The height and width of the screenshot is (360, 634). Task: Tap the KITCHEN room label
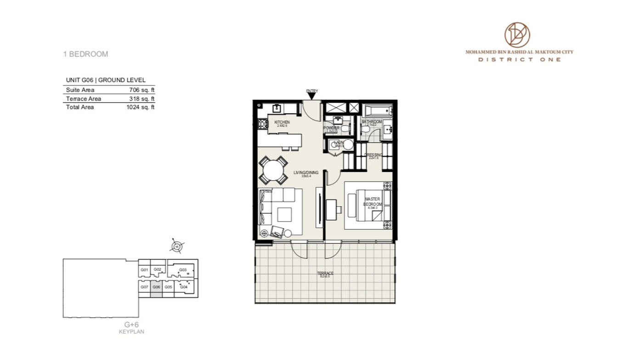point(282,122)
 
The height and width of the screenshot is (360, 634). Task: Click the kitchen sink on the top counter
point(277,109)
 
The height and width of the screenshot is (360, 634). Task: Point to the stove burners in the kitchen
point(262,123)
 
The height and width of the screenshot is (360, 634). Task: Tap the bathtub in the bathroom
point(377,110)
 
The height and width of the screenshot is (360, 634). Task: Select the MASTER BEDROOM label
point(372,201)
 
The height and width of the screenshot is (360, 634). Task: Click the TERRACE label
point(325,274)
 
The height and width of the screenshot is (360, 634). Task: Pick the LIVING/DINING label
point(306,173)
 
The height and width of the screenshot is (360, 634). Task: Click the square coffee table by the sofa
point(284,215)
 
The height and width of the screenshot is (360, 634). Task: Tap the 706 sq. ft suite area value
point(142,90)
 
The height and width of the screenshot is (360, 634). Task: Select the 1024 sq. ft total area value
point(140,107)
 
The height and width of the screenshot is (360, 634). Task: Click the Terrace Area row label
point(83,99)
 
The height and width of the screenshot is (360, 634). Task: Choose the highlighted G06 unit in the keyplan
point(156,287)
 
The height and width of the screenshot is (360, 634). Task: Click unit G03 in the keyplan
point(182,270)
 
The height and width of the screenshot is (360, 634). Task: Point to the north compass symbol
point(177,246)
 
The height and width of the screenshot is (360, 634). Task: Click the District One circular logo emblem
point(517,35)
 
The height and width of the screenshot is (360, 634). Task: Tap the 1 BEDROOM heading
point(85,54)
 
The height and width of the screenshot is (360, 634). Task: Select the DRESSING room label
point(373,155)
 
